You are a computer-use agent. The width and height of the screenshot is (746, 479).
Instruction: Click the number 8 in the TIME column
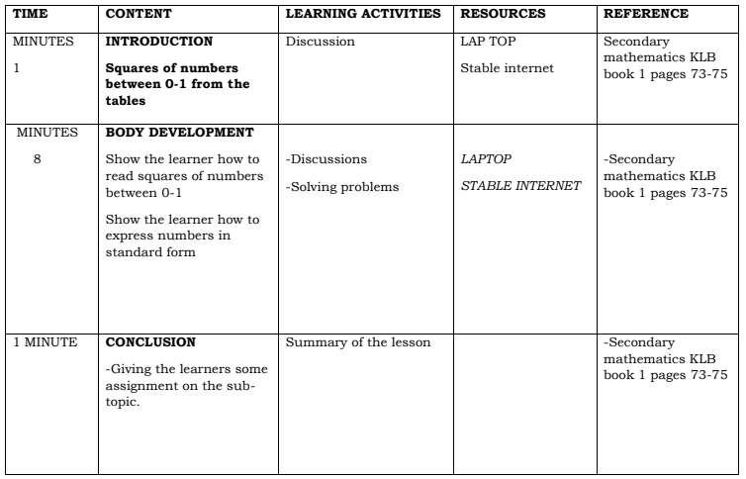pyautogui.click(x=37, y=158)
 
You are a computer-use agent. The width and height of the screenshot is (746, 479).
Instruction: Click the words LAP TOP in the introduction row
pyautogui.click(x=487, y=44)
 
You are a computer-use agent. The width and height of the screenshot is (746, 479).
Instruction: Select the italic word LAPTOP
pyautogui.click(x=487, y=158)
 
